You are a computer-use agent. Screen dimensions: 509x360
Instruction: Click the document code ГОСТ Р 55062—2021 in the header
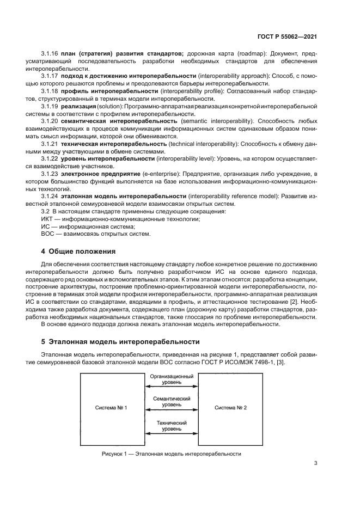pyautogui.click(x=288, y=36)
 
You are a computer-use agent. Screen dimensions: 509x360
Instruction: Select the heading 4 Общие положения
pyautogui.click(x=79, y=252)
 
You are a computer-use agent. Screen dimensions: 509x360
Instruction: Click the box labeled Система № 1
pyautogui.click(x=111, y=408)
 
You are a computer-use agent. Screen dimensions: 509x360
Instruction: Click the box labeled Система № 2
pyautogui.click(x=230, y=408)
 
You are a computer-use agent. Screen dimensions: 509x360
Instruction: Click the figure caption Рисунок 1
pyautogui.click(x=170, y=453)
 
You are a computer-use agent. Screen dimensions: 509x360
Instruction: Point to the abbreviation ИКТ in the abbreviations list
pyautogui.click(x=48, y=219)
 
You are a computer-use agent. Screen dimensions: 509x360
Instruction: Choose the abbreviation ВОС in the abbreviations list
pyautogui.click(x=48, y=234)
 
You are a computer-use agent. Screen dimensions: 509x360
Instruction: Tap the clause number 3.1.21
pyautogui.click(x=50, y=143)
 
